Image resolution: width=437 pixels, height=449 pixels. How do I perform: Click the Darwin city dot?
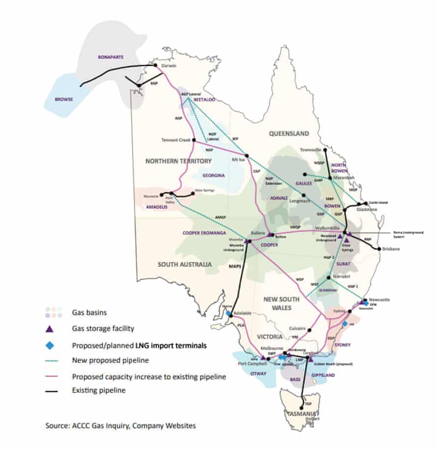[x=155, y=66]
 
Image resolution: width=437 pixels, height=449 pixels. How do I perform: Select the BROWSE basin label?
[x=63, y=99]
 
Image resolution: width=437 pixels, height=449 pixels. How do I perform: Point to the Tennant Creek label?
[x=176, y=140]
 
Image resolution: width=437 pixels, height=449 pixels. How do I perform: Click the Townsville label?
[x=309, y=149]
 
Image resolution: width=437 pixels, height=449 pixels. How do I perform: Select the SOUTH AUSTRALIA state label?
[x=185, y=264]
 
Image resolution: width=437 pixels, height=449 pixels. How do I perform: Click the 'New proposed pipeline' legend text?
[x=103, y=361]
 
